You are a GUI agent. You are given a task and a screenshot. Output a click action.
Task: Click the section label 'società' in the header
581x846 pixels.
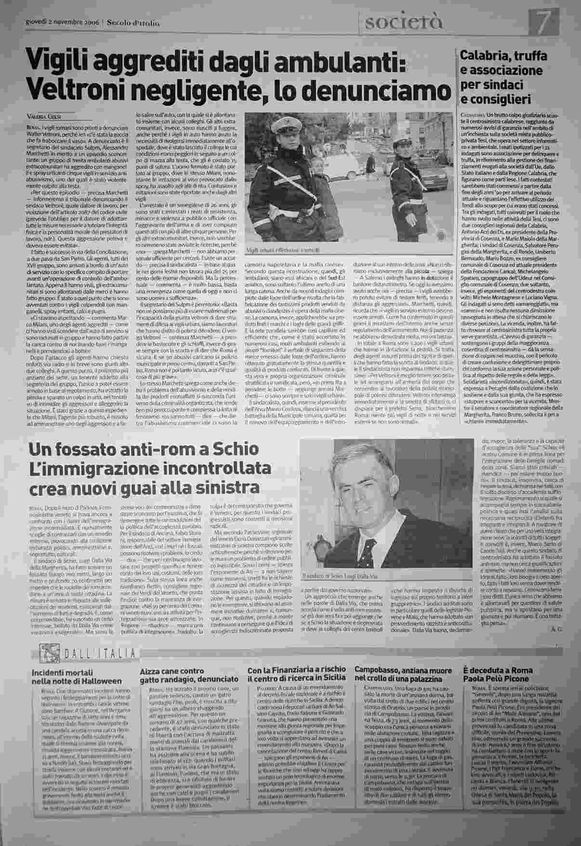pos(404,22)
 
